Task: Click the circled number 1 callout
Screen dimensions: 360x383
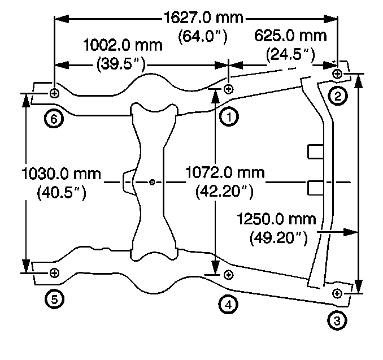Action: click(x=229, y=117)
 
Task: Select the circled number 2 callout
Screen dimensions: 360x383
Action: click(x=338, y=96)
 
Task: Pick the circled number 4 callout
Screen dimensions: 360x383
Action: click(x=228, y=304)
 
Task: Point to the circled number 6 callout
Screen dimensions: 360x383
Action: click(x=54, y=119)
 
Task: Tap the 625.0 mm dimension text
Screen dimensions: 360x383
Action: click(x=290, y=36)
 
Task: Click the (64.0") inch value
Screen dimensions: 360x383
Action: click(x=203, y=37)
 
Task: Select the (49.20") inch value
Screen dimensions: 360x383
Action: click(x=278, y=238)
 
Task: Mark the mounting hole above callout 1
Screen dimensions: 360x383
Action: click(x=228, y=89)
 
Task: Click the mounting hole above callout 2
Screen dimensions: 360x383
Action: click(x=337, y=73)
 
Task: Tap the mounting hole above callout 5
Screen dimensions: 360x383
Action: click(x=54, y=273)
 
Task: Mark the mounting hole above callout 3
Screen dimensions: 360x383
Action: click(x=337, y=293)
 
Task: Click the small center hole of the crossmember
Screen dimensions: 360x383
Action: click(x=153, y=182)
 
